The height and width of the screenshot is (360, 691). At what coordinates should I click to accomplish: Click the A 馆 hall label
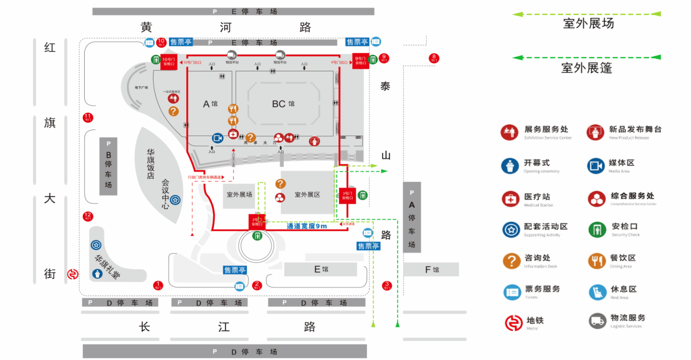[x=210, y=104]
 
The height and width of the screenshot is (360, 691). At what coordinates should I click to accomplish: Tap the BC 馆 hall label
[x=283, y=104]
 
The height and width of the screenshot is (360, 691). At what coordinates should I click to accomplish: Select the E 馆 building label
[x=321, y=269]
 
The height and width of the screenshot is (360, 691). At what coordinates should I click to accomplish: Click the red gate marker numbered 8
[x=434, y=58]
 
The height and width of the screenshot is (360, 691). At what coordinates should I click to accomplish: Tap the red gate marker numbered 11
[x=88, y=117]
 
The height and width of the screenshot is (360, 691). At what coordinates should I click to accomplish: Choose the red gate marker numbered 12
[x=88, y=216]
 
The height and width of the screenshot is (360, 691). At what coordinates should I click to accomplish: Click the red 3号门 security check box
[x=347, y=196]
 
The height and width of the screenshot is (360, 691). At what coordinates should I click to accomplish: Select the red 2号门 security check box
[x=257, y=221]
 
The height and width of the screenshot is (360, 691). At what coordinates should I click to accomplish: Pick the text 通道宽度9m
[x=307, y=226]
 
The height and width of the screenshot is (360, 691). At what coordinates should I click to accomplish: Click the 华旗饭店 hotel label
[x=150, y=164]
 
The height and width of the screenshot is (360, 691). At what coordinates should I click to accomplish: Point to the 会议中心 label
[x=165, y=194]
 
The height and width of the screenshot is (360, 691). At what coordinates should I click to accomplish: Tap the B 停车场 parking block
[x=108, y=167]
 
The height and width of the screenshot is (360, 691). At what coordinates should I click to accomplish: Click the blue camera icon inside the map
[x=218, y=138]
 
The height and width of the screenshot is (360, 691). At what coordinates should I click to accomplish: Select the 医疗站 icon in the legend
[x=510, y=199]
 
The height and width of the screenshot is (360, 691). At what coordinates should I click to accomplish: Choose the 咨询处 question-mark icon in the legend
[x=511, y=261]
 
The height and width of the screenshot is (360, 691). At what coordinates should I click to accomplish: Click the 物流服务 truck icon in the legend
[x=598, y=321]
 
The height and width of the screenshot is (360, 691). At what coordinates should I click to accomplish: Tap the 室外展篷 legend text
[x=586, y=68]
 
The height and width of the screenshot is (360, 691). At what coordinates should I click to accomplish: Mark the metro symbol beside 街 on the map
[x=73, y=274]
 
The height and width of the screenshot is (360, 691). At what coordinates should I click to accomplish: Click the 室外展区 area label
[x=307, y=195]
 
